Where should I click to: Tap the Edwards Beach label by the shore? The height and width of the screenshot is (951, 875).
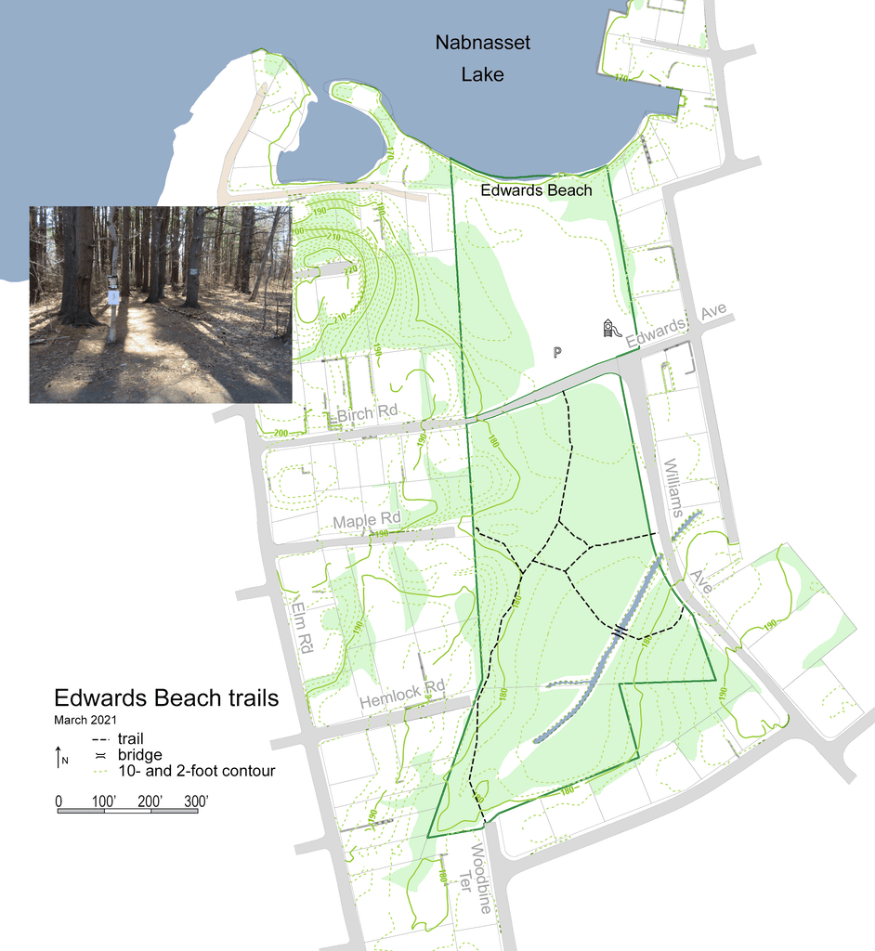coord(536,190)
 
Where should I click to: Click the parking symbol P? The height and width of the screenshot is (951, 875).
coord(557,352)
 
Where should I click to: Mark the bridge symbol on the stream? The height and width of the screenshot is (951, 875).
coord(620,631)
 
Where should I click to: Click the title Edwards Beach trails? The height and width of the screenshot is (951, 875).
coord(166,698)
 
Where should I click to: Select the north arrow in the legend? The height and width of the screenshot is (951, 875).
coord(59,757)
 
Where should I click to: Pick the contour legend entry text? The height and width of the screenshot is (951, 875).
coord(196,771)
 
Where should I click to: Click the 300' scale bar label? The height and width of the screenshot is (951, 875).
coord(195,800)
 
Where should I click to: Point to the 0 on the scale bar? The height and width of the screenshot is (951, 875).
coord(59,800)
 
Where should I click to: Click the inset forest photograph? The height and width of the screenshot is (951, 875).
coord(161,305)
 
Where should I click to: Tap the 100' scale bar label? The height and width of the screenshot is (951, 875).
coord(103,800)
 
